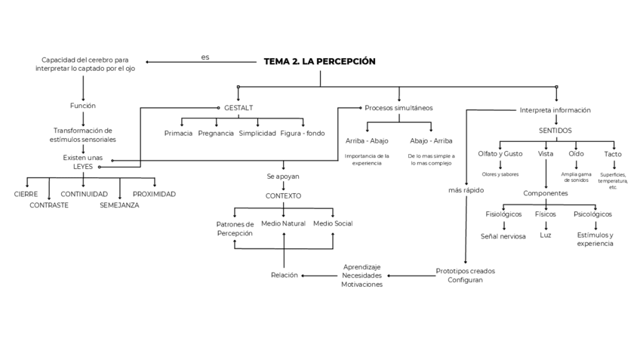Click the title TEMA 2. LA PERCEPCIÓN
point(319,61)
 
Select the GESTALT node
point(239,108)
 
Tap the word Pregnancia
point(216,134)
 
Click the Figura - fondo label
point(302,134)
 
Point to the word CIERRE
point(26,194)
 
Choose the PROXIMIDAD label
point(154,194)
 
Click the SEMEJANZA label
point(119,205)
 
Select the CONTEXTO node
point(283,195)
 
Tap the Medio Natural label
point(283,223)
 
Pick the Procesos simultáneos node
point(398,108)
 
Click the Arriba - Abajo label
point(368,140)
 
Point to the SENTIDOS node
point(555,130)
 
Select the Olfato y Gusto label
point(500,153)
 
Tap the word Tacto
point(613,154)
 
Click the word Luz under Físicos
point(545,235)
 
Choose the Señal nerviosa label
point(503,235)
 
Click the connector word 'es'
point(205,57)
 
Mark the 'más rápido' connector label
point(466,190)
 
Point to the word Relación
point(285,275)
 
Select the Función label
point(82,106)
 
